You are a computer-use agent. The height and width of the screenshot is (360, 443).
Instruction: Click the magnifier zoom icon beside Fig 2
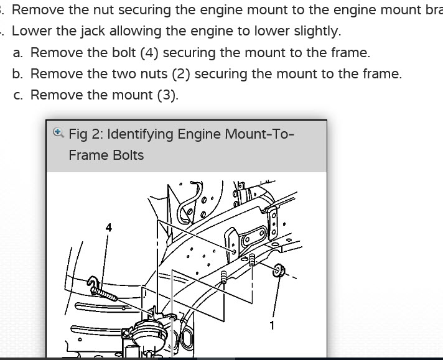click(x=58, y=132)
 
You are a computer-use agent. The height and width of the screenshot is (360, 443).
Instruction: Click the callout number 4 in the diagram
click(x=109, y=228)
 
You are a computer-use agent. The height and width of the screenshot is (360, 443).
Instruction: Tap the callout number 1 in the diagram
click(x=272, y=325)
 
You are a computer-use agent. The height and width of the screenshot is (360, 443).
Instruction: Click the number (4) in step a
click(x=149, y=52)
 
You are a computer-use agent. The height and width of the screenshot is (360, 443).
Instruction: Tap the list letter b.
click(x=17, y=74)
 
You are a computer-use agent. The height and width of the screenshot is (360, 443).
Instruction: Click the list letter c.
click(x=17, y=95)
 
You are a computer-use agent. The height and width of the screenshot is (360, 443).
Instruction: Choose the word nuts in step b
click(x=159, y=74)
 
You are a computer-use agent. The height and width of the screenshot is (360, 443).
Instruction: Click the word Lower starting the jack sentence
click(x=31, y=31)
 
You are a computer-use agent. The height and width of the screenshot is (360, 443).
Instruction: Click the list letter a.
click(x=17, y=52)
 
